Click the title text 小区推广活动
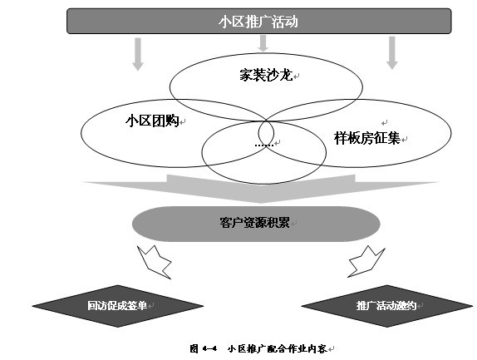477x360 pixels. (x=258, y=22)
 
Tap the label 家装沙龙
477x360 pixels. (x=266, y=75)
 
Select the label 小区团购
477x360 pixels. (x=152, y=121)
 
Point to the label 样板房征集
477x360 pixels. (x=366, y=138)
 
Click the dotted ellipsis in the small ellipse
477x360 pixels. (x=264, y=145)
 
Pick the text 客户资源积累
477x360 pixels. (x=254, y=223)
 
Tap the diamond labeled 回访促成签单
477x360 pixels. (x=118, y=306)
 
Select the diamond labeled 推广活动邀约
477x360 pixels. (x=387, y=306)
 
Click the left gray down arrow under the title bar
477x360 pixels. (x=138, y=54)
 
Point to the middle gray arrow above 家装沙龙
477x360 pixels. (x=263, y=43)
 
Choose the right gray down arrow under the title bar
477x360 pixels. (x=392, y=53)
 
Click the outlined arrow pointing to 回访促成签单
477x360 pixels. (x=155, y=262)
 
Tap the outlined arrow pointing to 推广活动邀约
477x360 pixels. (x=366, y=262)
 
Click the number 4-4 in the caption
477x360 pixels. (x=209, y=348)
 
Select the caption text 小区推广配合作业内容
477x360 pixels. (x=277, y=348)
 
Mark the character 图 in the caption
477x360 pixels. (x=194, y=348)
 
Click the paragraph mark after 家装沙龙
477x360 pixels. (x=297, y=76)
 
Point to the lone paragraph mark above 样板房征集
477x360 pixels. (x=385, y=123)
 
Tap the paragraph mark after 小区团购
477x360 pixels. (x=183, y=122)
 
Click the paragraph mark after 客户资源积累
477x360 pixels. (x=293, y=224)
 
